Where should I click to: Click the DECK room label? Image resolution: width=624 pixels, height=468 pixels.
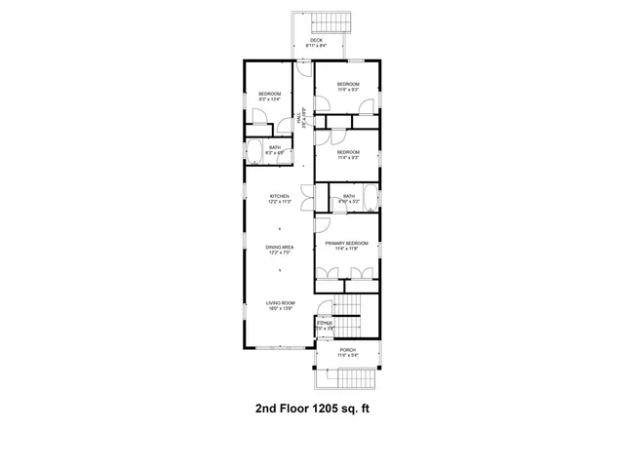pos(316,40)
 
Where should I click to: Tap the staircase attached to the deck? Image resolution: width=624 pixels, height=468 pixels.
pos(323,22)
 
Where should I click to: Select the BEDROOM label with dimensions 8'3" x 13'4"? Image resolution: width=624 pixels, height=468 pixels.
pos(269,94)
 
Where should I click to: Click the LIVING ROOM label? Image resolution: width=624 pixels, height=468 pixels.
pos(281,303)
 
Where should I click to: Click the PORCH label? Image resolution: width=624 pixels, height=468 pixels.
pos(347,349)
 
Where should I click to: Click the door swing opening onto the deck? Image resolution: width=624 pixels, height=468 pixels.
pos(304,71)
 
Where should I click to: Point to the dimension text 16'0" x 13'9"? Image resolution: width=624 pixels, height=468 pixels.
pos(281,309)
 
